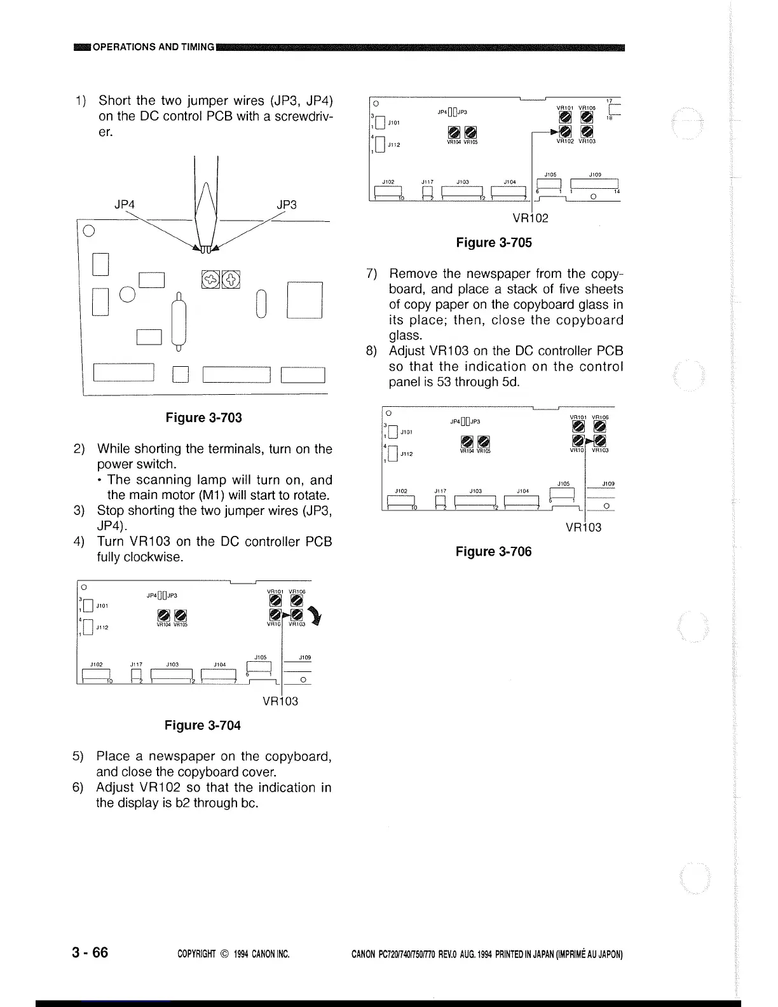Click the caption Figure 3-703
tap(203, 418)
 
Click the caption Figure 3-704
tap(203, 725)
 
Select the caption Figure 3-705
tap(494, 242)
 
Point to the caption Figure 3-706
tap(493, 551)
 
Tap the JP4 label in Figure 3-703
tap(125, 205)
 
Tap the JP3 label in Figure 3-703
tap(287, 205)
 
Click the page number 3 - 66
tap(90, 952)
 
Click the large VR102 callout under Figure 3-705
tap(531, 218)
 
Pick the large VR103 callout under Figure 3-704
tap(280, 701)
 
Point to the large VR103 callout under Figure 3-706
tap(583, 527)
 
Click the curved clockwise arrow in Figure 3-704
tap(313, 615)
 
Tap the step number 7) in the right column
tap(374, 274)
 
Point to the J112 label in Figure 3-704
tap(102, 627)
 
